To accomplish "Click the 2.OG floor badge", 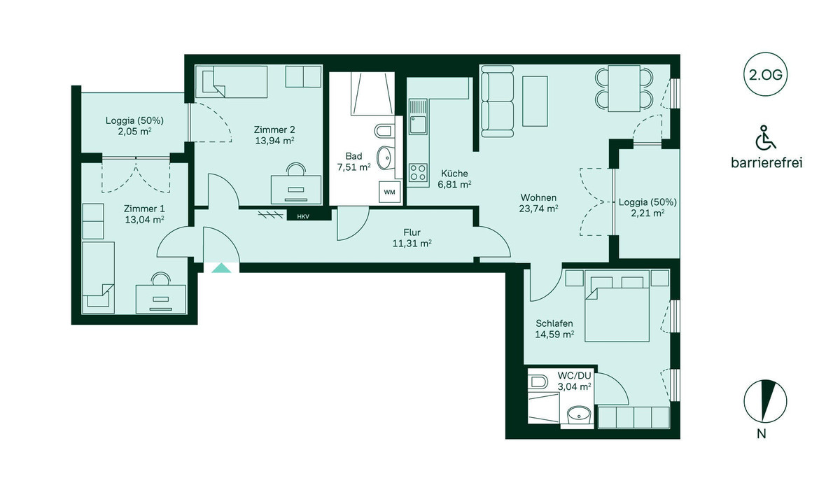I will (x=766, y=73).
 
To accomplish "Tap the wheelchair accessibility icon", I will (x=766, y=138).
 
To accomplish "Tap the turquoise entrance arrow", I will (x=220, y=267).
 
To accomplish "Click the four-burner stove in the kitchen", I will (x=419, y=171).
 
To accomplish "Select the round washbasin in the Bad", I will (x=384, y=158).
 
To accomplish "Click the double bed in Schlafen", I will (x=617, y=308).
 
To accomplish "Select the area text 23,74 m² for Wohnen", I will (x=538, y=208).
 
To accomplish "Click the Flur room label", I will (x=412, y=232).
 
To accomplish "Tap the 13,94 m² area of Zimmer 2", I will (x=274, y=141).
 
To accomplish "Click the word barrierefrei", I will (x=766, y=163).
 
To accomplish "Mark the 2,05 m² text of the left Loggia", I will (x=133, y=132).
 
